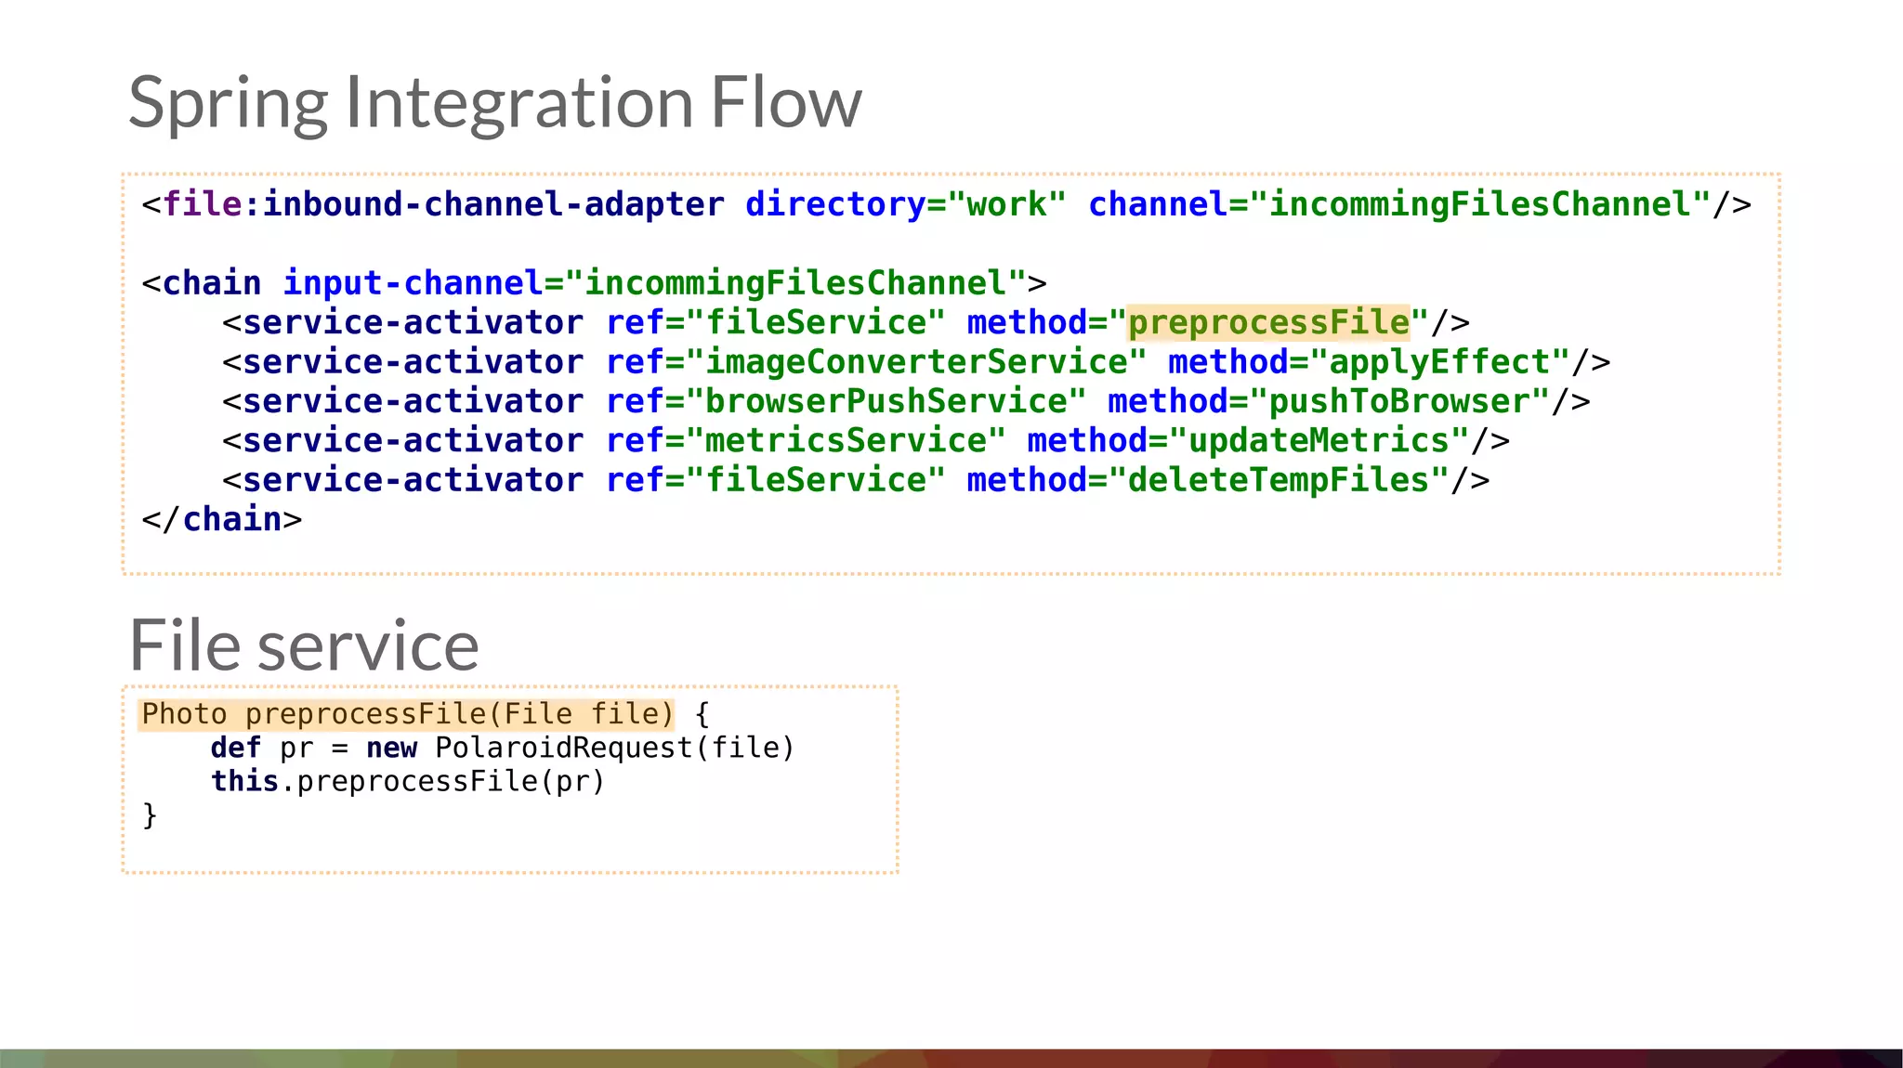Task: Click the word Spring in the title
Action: click(x=228, y=103)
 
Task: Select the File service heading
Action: click(x=304, y=645)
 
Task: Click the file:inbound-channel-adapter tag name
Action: click(x=443, y=204)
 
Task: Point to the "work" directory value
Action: click(x=1006, y=204)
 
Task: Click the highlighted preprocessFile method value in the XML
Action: click(x=1268, y=323)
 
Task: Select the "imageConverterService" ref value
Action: click(x=916, y=362)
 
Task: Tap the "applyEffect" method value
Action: click(x=1440, y=362)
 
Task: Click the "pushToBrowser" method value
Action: click(x=1399, y=402)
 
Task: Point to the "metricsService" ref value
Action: click(x=846, y=441)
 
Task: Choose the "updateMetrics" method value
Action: click(x=1319, y=441)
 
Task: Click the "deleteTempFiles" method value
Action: click(x=1279, y=481)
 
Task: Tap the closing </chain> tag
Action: click(x=222, y=520)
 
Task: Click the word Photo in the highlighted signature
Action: click(x=184, y=714)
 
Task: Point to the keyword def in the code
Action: click(x=235, y=748)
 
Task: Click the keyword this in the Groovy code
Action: click(x=244, y=781)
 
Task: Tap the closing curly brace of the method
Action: click(x=150, y=815)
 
